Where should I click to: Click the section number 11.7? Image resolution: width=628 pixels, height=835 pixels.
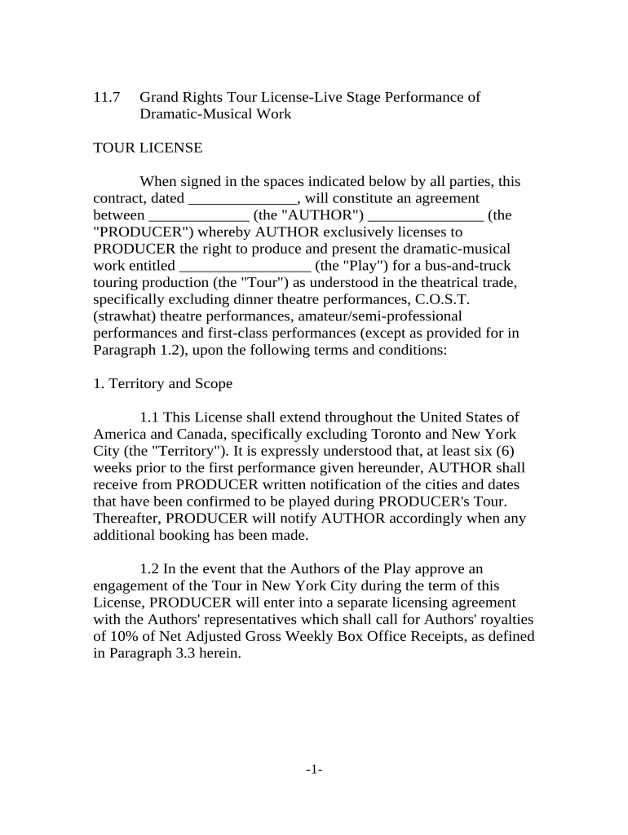coord(107,98)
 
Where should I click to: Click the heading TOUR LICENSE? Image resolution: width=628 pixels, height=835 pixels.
coord(148,148)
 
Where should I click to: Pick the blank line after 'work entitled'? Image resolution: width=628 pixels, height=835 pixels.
coord(244,267)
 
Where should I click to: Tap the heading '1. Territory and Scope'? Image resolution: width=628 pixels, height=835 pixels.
coord(163,383)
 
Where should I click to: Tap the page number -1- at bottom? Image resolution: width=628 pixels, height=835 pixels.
coord(314,770)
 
